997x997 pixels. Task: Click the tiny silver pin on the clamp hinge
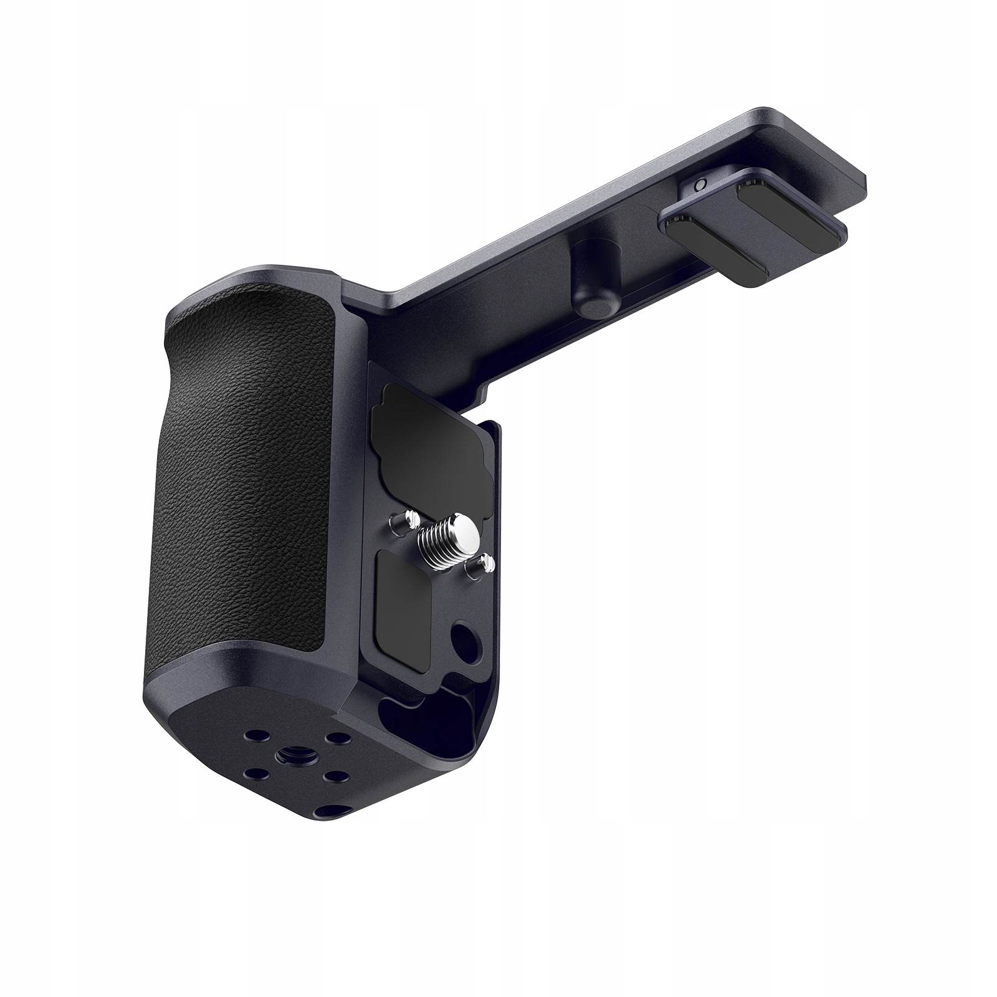tap(700, 185)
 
